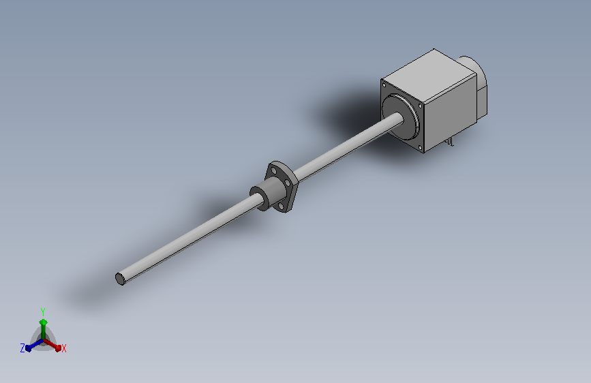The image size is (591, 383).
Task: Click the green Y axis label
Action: (42, 311)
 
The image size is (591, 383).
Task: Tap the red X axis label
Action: (63, 348)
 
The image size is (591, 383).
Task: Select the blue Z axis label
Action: (22, 348)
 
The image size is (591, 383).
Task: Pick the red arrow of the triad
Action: (52, 345)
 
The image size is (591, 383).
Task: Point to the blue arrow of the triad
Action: (34, 345)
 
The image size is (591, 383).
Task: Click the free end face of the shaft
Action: (120, 279)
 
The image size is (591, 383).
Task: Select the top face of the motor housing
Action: (429, 76)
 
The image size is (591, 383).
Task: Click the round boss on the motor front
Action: (400, 117)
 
